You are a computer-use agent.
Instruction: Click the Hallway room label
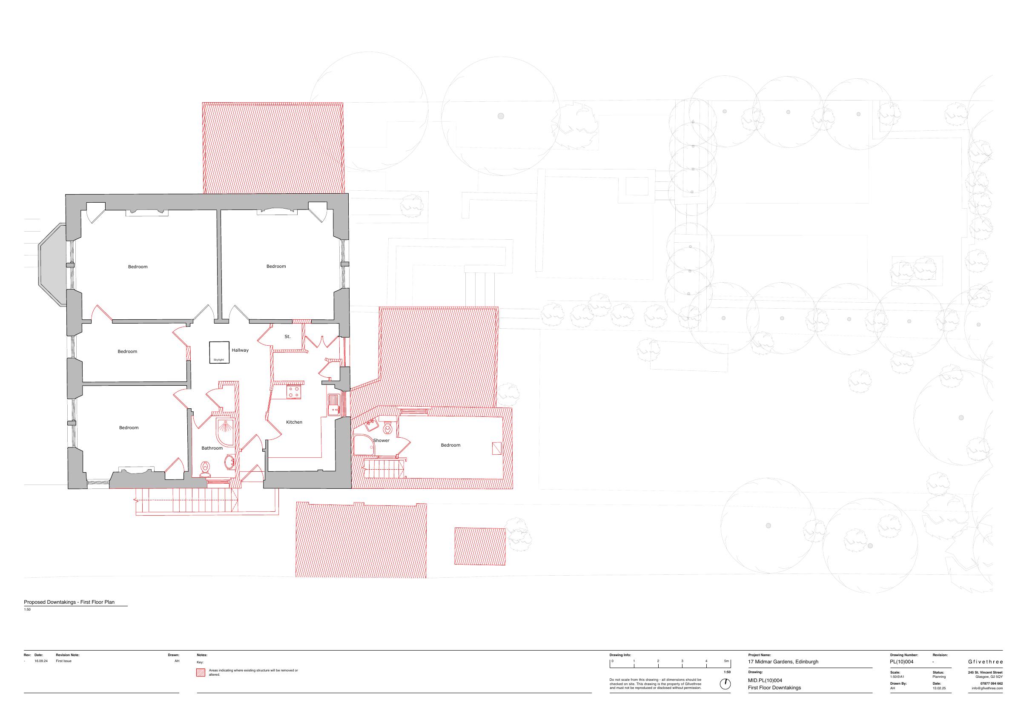tap(240, 350)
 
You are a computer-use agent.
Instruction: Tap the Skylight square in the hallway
tap(219, 352)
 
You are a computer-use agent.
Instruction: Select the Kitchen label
tap(294, 422)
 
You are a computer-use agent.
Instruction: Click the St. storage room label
tap(287, 337)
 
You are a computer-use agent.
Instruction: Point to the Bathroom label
tap(212, 448)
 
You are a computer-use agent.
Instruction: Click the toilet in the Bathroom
tap(205, 469)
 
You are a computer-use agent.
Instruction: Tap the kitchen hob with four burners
tap(294, 392)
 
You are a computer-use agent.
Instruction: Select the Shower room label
tap(381, 440)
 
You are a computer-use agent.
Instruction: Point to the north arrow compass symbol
tap(725, 684)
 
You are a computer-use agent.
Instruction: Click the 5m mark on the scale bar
tap(726, 661)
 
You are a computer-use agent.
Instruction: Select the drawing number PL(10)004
tap(902, 662)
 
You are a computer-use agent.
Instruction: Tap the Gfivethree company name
tap(985, 662)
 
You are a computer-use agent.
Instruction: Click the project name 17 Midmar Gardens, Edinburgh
tap(783, 662)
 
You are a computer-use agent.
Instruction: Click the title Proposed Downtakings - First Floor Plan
tap(69, 602)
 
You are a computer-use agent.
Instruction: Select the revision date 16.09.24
tap(41, 661)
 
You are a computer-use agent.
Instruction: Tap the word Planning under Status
tap(939, 677)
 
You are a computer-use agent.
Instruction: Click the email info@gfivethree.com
tap(987, 688)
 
